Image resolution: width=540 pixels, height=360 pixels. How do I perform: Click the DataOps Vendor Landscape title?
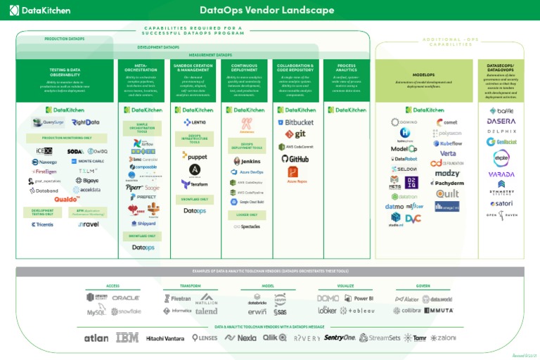coord(267,10)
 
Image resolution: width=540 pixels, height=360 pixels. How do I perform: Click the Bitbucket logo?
coord(295,122)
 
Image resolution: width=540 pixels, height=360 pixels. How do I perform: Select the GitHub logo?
coord(295,159)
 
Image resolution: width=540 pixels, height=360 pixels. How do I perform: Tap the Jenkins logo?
coord(245,161)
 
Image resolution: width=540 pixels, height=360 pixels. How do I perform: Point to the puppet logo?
coord(194,156)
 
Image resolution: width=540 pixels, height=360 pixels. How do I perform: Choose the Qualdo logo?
coord(67,200)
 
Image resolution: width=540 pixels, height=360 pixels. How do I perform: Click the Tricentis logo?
coord(42,224)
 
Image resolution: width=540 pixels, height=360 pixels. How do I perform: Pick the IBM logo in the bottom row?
coord(127,338)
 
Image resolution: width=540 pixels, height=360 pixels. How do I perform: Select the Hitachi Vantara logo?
coord(165,338)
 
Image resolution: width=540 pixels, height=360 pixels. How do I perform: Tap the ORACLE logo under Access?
coord(126,298)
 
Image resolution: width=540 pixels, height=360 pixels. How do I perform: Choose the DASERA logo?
coord(501,122)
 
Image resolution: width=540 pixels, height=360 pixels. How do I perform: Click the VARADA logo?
coord(501,174)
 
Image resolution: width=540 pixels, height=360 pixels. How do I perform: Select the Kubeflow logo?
coord(446,143)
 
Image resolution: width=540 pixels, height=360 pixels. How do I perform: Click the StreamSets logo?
coord(380,338)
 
